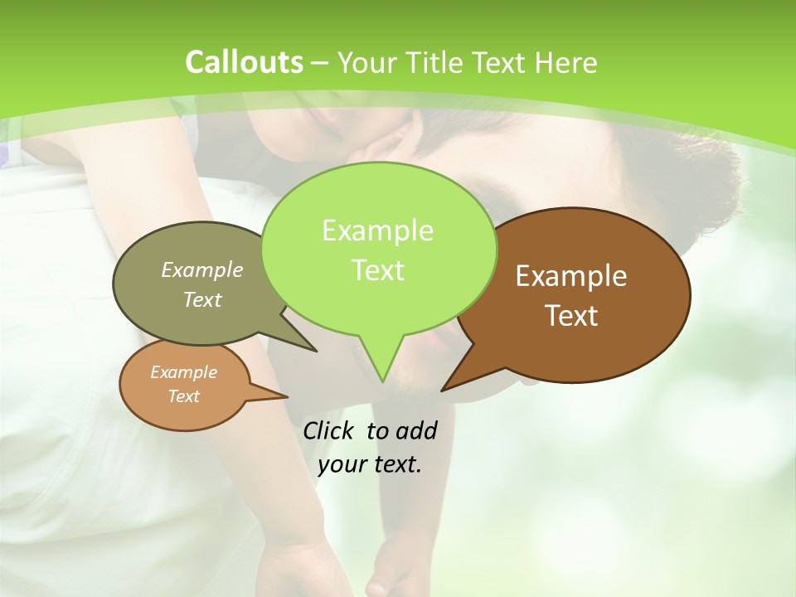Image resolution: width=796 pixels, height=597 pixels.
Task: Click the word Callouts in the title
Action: (244, 62)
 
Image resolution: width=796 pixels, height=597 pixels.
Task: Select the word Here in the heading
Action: (567, 62)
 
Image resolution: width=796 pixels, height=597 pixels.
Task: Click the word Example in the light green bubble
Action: (377, 231)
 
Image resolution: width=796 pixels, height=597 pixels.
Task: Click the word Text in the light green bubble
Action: (377, 270)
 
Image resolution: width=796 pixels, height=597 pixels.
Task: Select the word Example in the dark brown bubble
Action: (571, 276)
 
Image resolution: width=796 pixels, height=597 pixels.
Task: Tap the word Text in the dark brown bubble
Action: (571, 316)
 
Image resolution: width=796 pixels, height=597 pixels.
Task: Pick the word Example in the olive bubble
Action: (202, 269)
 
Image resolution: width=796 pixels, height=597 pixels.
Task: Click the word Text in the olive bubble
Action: (202, 299)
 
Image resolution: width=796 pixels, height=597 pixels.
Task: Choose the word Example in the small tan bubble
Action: (183, 372)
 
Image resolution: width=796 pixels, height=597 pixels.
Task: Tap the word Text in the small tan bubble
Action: (183, 396)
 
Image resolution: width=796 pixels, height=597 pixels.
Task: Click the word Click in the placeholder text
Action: (330, 430)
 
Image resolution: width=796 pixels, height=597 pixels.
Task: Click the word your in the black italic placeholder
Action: (342, 464)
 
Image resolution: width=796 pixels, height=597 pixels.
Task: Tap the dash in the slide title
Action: (321, 63)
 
